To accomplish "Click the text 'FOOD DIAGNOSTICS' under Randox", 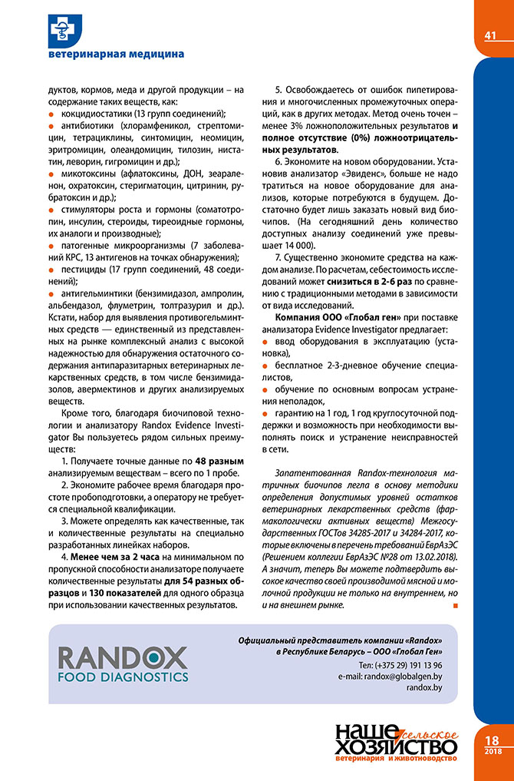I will pyautogui.click(x=123, y=677).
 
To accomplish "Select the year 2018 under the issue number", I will pyautogui.click(x=493, y=750).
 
